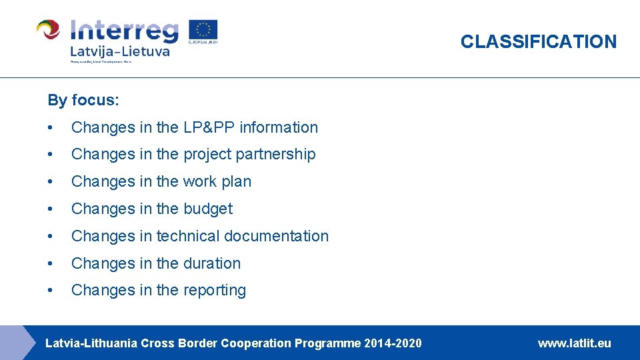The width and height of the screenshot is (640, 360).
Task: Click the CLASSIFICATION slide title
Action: coord(539,41)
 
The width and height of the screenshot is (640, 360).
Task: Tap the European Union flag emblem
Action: coord(203,31)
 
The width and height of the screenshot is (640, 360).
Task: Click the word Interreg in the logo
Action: coord(125,31)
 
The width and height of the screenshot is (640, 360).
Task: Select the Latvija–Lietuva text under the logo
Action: coord(120,51)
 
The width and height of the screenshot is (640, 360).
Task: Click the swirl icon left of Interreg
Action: coord(48,31)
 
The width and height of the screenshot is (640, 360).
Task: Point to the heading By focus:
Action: coord(83,101)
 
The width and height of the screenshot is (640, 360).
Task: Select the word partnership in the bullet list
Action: coord(276,155)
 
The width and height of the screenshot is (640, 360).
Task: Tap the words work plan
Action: coord(218,181)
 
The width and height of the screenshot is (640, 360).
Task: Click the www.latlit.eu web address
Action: coord(574,343)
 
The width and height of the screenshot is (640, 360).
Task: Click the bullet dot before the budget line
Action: coord(51,209)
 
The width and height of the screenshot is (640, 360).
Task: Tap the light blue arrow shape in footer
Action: coord(15,343)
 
